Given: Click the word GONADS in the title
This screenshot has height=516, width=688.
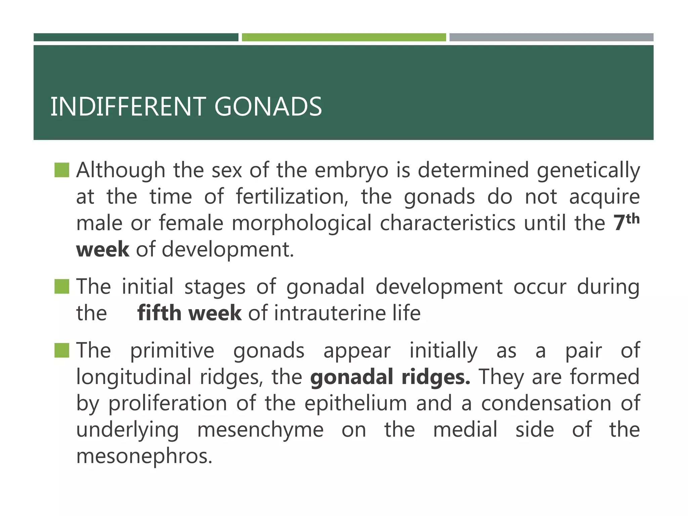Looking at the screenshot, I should click(x=268, y=106).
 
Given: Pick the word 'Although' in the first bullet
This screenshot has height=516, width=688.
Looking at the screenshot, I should click(x=121, y=170).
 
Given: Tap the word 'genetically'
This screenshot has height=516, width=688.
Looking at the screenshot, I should click(x=588, y=170).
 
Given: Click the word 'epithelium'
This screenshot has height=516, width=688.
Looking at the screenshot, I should click(x=356, y=403).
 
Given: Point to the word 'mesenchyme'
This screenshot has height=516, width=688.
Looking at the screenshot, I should click(x=260, y=430).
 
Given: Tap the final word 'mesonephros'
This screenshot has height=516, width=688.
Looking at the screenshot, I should click(x=144, y=456).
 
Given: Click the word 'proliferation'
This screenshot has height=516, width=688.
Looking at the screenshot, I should click(x=168, y=403).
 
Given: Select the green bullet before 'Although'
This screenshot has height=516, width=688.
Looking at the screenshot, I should click(x=62, y=170).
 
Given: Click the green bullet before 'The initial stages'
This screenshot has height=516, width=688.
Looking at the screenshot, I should click(x=62, y=287).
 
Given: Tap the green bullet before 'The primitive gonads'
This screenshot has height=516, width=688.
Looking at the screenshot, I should click(x=62, y=350).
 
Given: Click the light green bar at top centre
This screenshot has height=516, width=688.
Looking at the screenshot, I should click(x=344, y=37).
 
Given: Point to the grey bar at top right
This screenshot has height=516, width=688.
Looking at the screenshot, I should click(x=551, y=37).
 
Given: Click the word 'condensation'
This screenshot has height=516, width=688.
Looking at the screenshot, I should click(x=546, y=403).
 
